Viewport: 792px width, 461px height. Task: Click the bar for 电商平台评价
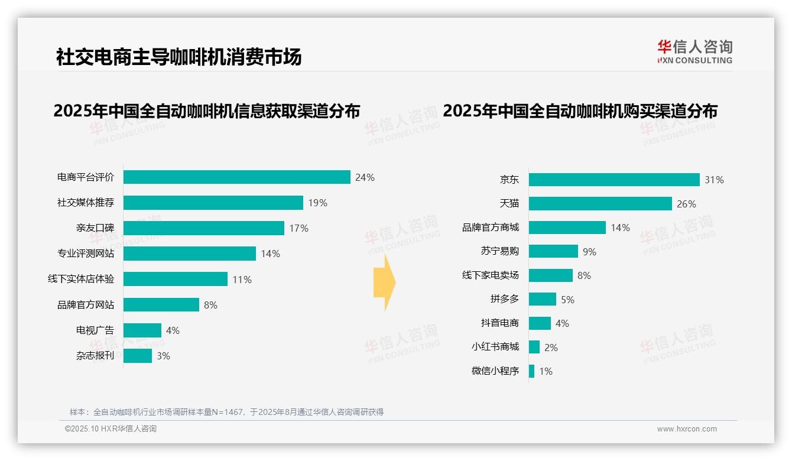(236, 177)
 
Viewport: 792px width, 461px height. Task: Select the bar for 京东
(614, 180)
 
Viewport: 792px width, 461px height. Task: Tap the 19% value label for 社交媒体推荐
(317, 203)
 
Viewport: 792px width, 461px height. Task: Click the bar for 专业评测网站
(189, 254)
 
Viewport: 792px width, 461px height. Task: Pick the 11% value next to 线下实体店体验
(242, 280)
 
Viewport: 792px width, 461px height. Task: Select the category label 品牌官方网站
(86, 305)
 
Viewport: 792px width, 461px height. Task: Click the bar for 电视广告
(142, 330)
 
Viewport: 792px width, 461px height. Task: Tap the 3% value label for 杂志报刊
(163, 356)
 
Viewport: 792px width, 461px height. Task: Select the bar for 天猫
(600, 204)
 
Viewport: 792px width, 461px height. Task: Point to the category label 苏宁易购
(499, 251)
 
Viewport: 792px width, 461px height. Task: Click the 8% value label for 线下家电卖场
(584, 275)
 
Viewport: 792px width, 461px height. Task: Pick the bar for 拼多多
(542, 299)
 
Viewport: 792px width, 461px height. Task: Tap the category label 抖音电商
(499, 323)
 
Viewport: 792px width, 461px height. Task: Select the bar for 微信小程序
(531, 371)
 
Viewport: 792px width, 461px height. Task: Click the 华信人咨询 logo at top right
(694, 51)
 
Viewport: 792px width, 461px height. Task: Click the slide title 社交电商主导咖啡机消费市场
(178, 57)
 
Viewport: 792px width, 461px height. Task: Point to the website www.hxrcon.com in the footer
(687, 429)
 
